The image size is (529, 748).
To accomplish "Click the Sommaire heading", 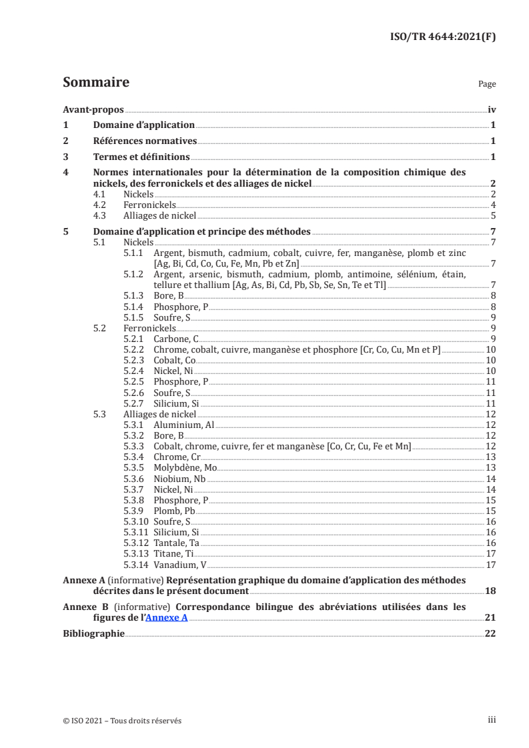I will pyautogui.click(x=95, y=83).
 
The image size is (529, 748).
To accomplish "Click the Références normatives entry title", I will pyautogui.click(x=145, y=141).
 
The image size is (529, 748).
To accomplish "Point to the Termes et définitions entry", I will pyautogui.click(x=141, y=157).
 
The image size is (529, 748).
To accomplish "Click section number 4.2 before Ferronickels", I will pyautogui.click(x=99, y=205).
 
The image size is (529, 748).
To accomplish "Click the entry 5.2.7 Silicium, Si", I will pyautogui.click(x=161, y=403).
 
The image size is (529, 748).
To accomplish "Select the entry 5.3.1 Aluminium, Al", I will pyautogui.click(x=169, y=425).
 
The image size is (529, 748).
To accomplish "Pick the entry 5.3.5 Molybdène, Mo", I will pyautogui.click(x=170, y=468).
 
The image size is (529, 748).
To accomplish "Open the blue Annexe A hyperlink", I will pyautogui.click(x=167, y=617).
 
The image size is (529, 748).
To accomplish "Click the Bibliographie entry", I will pyautogui.click(x=93, y=633).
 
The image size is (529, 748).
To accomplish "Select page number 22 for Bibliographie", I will pyautogui.click(x=490, y=633).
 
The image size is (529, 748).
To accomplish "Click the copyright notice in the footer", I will pyautogui.click(x=121, y=721).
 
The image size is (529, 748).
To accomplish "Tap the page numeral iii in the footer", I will pyautogui.click(x=492, y=720).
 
